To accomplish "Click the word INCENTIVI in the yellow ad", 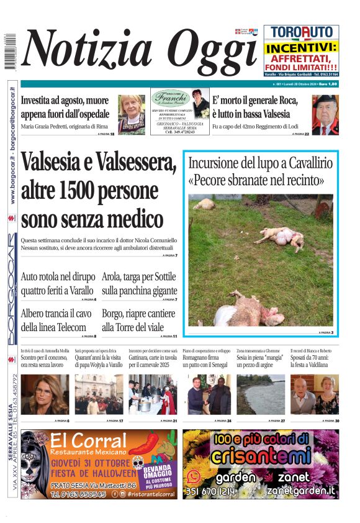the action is coord(301,47).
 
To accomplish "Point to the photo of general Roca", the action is coord(325,115).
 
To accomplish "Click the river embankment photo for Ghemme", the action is coord(259,394).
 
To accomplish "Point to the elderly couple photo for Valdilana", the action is coord(314,394).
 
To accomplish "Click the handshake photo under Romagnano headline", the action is coord(207,394).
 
